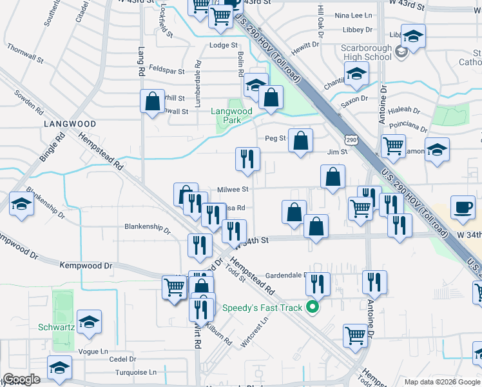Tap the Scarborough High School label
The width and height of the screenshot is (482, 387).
coord(367,52)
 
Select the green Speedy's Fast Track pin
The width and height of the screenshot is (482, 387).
coord(313,307)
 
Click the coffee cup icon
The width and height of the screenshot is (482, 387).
coord(462,206)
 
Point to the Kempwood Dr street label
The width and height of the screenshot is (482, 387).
coord(86,265)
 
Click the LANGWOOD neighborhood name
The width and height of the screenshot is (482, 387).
coord(70,123)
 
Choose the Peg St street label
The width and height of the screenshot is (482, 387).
coord(275,139)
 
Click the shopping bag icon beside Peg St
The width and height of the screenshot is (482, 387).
coord(300,141)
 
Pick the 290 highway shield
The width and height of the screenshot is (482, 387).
coord(351,139)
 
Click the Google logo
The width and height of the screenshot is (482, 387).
coord(21,379)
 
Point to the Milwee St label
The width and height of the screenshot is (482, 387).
coord(233,189)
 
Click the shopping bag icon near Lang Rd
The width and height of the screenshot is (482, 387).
coord(152,101)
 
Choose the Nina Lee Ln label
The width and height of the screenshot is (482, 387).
coord(354,15)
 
